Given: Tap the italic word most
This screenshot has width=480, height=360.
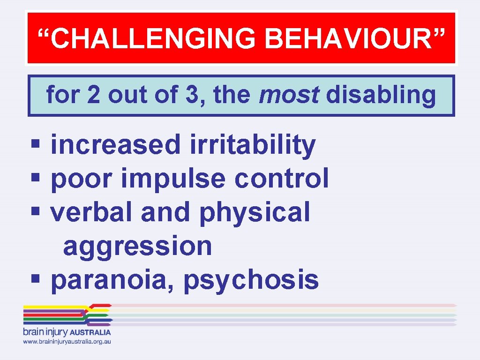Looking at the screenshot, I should [289, 96].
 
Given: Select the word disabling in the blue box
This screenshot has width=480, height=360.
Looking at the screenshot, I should [381, 96].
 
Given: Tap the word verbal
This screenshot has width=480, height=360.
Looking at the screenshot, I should [92, 212].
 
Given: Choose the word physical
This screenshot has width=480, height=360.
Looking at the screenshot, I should [255, 213].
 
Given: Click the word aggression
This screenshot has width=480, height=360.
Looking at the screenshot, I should [137, 246].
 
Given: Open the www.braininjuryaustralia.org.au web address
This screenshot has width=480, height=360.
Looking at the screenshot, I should [67, 342].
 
